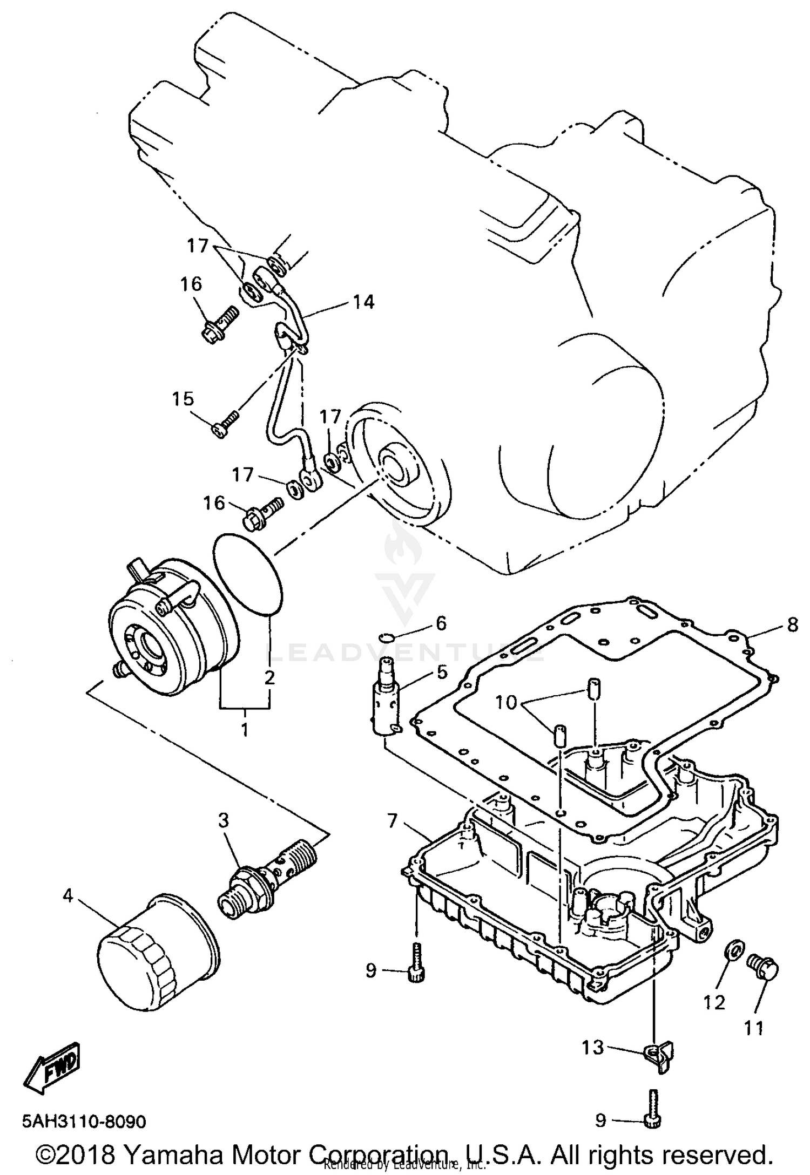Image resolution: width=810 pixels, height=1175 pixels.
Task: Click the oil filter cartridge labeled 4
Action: [x=157, y=952]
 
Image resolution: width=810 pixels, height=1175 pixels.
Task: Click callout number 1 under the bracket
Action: [x=245, y=730]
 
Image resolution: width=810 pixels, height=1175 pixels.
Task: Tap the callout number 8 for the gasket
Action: [x=792, y=624]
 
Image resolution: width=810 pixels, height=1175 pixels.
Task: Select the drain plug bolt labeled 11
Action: [x=763, y=969]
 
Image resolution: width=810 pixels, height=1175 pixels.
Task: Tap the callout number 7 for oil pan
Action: [x=392, y=821]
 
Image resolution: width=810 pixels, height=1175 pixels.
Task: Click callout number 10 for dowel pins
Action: [x=507, y=703]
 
